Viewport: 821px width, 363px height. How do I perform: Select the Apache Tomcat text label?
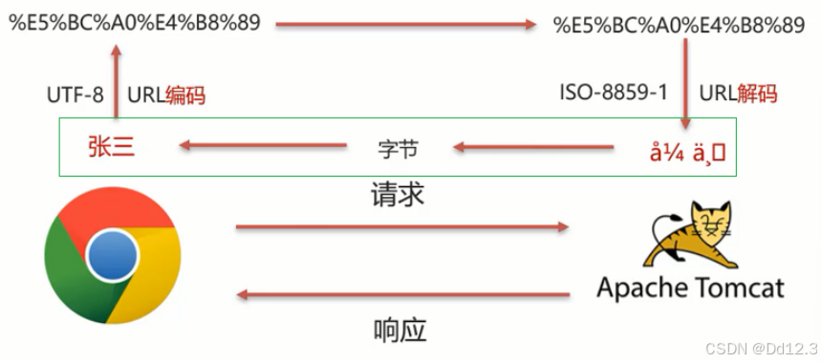(x=691, y=288)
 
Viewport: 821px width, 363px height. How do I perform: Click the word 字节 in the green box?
(x=398, y=149)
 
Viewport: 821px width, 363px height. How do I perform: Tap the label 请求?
(x=398, y=196)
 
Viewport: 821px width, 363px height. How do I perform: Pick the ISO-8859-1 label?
(x=613, y=94)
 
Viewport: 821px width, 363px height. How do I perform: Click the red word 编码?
(x=186, y=96)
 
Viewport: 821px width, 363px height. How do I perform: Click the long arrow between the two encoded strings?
(x=406, y=26)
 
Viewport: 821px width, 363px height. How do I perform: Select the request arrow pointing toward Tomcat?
(x=401, y=227)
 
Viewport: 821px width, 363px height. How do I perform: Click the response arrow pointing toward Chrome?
(x=401, y=296)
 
